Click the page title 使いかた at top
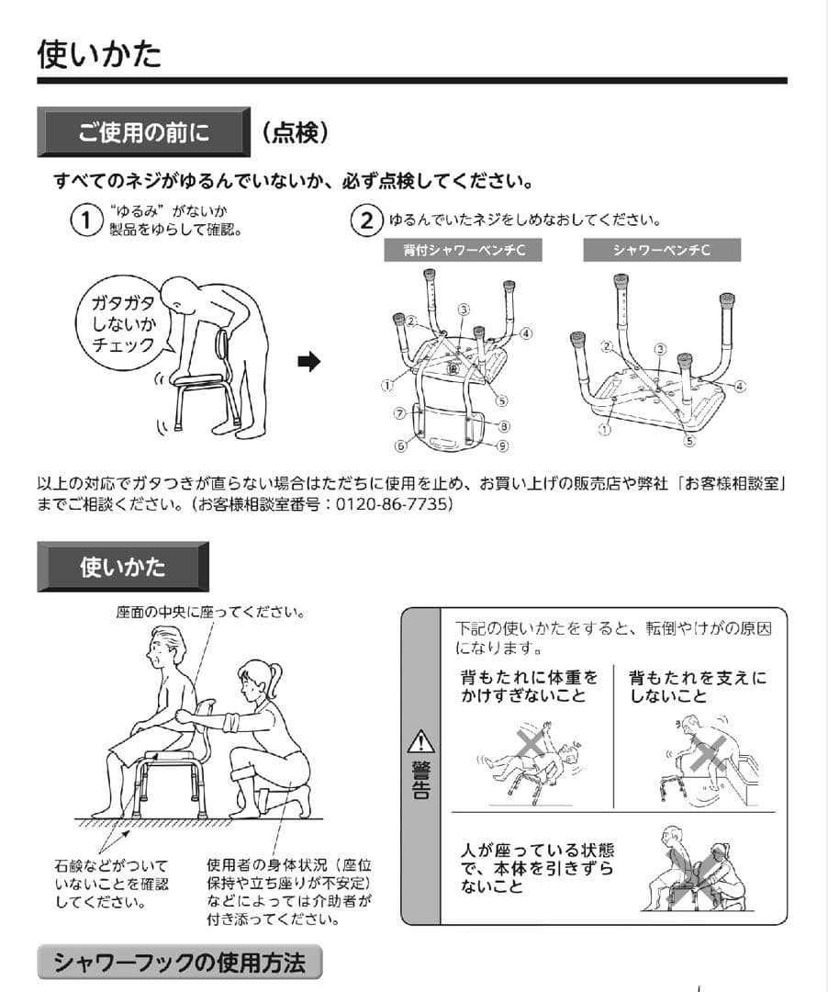99,54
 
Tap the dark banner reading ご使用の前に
143,132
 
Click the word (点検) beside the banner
295,132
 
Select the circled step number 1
85,220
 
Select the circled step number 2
366,220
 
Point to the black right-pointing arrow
309,362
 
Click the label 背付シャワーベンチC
464,250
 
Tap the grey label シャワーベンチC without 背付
661,250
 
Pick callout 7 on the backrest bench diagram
399,413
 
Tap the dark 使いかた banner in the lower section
122,567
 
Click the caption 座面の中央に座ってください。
210,612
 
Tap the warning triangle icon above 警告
420,739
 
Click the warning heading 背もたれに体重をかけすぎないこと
529,687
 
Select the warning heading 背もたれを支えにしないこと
697,687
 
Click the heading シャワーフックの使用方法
179,963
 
